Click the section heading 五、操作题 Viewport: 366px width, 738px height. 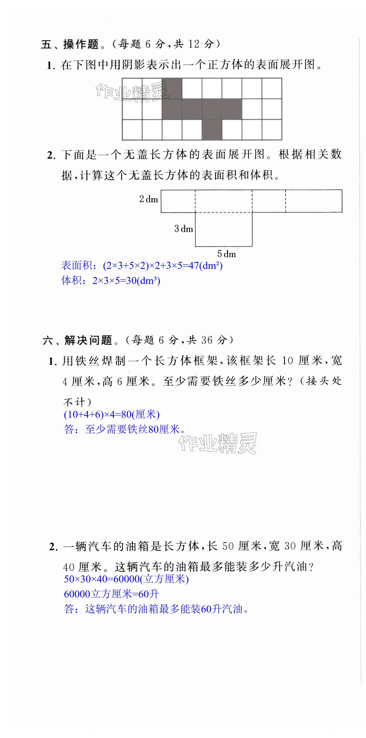(x=70, y=45)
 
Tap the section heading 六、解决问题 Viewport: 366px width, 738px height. (x=77, y=340)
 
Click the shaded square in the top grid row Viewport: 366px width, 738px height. (x=172, y=88)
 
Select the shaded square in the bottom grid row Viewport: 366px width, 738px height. (x=212, y=130)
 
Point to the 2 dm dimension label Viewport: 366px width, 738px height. (x=149, y=199)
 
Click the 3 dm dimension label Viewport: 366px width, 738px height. (x=183, y=229)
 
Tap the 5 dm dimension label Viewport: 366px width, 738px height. (x=227, y=254)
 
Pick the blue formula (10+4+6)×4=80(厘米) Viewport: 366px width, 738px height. (x=111, y=415)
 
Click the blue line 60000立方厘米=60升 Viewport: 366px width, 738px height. (x=111, y=594)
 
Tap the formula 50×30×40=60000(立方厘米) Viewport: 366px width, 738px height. (x=126, y=579)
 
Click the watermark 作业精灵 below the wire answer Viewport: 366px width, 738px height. (x=217, y=443)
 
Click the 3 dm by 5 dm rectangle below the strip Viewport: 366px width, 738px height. (x=224, y=229)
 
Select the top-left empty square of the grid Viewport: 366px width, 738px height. (x=132, y=88)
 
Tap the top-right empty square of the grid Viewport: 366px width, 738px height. (x=272, y=88)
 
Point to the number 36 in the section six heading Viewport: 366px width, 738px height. (x=207, y=340)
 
